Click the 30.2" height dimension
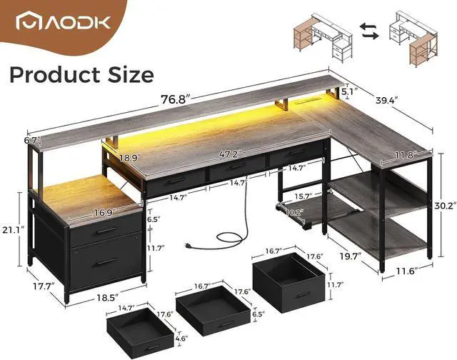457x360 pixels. (443, 204)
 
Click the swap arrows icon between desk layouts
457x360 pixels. (368, 31)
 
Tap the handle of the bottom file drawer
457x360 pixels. (108, 262)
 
